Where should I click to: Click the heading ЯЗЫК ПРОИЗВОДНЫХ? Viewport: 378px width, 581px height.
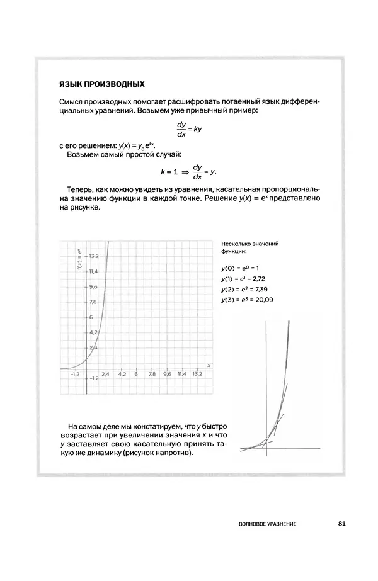coord(101,84)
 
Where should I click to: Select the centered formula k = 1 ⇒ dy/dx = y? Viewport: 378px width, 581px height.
coord(188,171)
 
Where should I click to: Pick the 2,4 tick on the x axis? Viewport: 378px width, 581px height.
coord(105,373)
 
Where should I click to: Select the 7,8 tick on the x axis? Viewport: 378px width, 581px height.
coord(151,373)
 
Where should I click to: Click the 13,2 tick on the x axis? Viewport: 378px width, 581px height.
coord(197,373)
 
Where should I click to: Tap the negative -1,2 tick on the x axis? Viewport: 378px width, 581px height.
coord(74,373)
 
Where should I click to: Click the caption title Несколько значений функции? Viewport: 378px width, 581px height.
coord(249,247)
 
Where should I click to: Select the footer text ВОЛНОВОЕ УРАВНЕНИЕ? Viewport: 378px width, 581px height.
coord(264,524)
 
